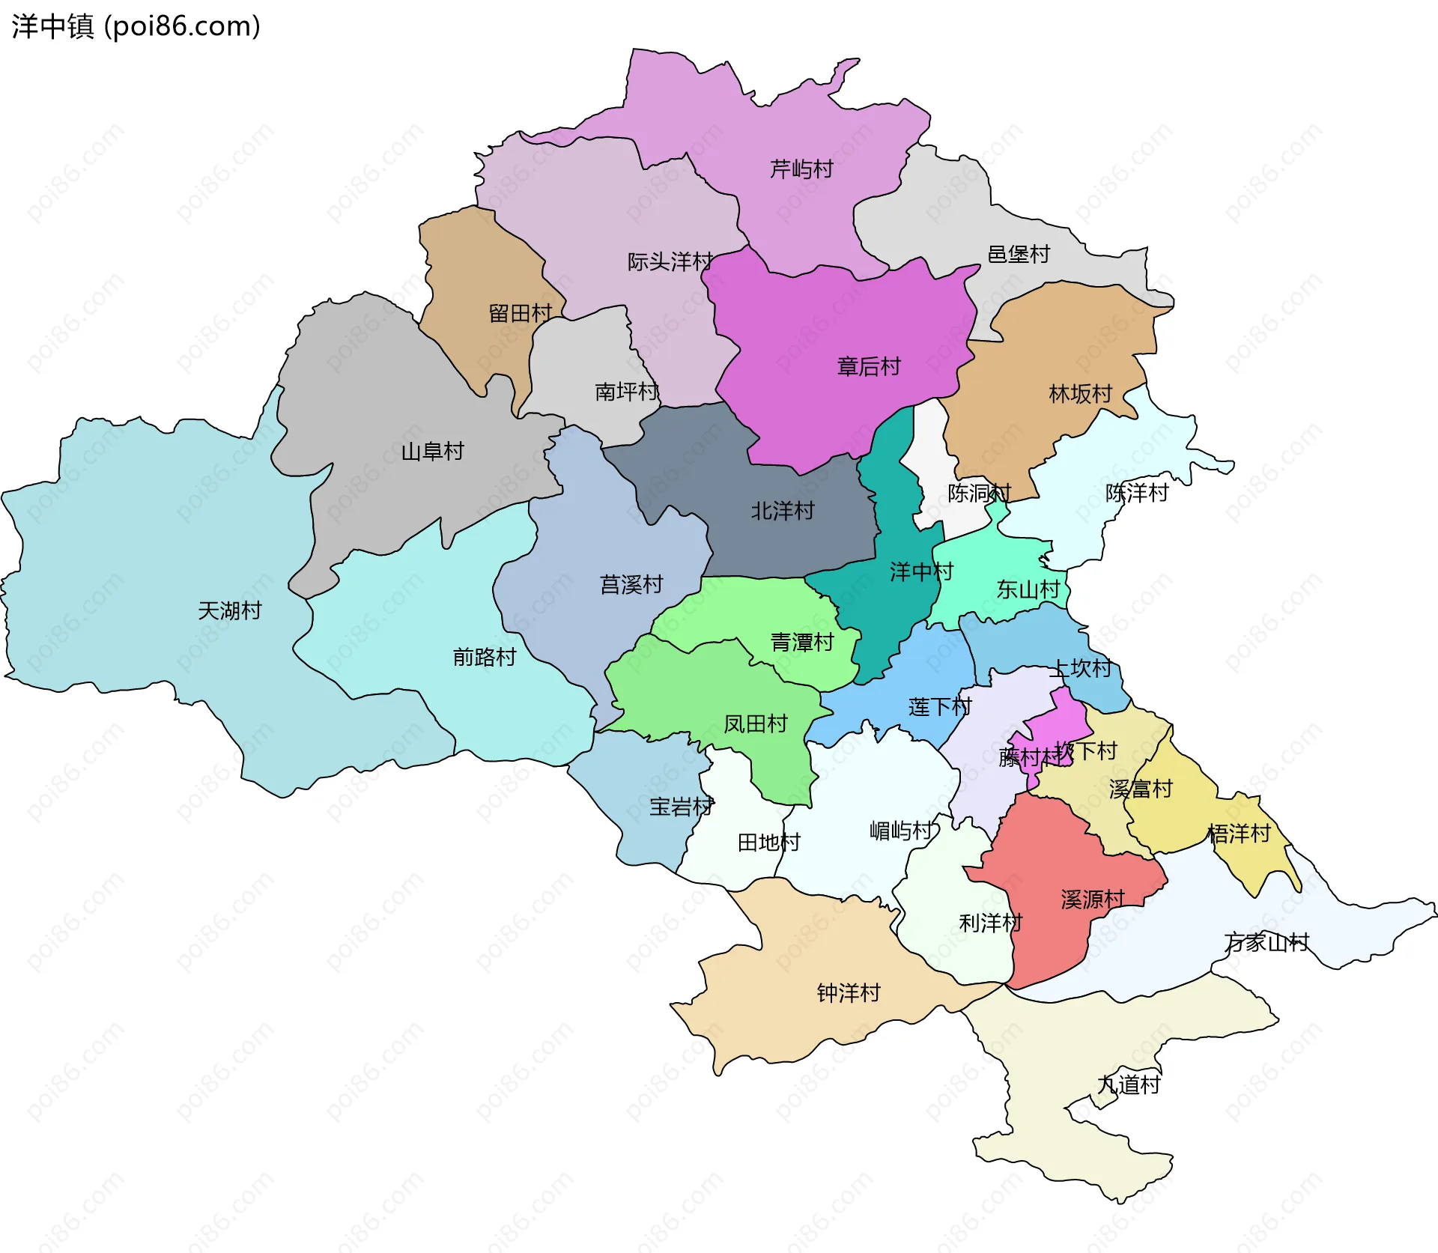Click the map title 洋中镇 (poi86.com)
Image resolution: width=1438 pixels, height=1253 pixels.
(x=136, y=26)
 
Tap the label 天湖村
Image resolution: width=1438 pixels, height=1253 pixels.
(x=229, y=610)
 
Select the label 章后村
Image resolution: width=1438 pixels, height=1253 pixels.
(x=868, y=366)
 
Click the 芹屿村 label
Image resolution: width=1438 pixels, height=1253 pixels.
(x=801, y=169)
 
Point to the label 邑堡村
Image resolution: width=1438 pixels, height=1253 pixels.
(x=1019, y=254)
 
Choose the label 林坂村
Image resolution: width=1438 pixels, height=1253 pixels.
(x=1080, y=393)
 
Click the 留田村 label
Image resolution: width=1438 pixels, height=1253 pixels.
(x=520, y=313)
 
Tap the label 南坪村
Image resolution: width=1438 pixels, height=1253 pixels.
(x=626, y=391)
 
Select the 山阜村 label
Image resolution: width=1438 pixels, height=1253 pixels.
(x=432, y=451)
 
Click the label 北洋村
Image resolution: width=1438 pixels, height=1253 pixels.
(x=782, y=511)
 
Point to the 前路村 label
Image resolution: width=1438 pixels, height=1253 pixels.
(x=484, y=657)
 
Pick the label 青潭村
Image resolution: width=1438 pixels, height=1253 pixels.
(x=801, y=642)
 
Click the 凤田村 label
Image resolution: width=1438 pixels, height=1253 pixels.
(x=755, y=723)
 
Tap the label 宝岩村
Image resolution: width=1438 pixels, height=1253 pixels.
(x=681, y=807)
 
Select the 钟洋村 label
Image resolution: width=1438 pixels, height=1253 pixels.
(x=848, y=993)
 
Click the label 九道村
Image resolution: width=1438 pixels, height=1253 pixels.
(x=1128, y=1084)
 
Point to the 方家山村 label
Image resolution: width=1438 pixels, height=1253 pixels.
(x=1266, y=942)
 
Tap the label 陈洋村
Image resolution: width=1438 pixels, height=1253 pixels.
(x=1136, y=493)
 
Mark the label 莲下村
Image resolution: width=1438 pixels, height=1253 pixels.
(x=939, y=706)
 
